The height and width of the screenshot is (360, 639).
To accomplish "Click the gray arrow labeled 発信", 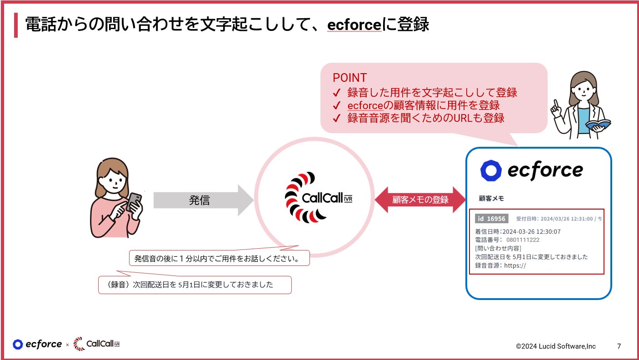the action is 200,200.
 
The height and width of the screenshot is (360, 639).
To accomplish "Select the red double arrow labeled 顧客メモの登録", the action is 420,200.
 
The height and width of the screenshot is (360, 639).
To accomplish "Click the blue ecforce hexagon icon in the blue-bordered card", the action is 491,170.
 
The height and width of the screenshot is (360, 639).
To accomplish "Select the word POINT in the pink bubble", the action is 349,78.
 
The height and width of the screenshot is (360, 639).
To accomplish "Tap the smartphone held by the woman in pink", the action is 134,201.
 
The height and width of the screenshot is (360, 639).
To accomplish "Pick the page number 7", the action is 619,346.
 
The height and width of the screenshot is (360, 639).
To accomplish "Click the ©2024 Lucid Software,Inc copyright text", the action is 555,346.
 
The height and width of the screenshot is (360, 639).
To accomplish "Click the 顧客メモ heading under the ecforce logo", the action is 491,199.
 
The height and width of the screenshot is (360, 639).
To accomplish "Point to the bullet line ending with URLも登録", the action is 425,118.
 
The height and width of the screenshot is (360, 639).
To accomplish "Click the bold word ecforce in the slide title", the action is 354,25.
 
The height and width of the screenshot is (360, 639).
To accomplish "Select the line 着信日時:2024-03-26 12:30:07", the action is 518,231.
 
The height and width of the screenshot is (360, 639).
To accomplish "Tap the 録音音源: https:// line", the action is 500,265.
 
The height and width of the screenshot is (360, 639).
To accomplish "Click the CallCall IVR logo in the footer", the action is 96,344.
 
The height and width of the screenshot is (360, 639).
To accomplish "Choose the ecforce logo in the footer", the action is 37,344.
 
